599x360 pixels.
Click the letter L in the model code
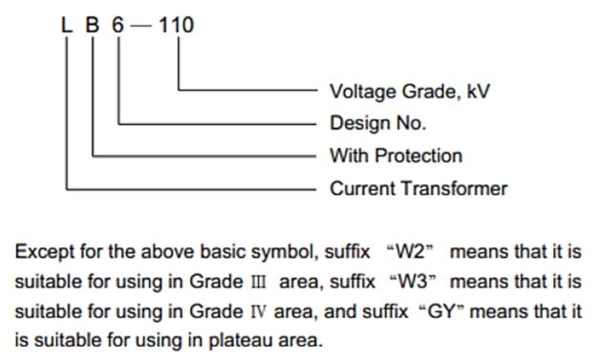(x=67, y=25)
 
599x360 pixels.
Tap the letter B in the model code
(x=92, y=25)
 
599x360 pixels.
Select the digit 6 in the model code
(x=118, y=25)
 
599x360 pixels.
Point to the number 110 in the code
(x=177, y=25)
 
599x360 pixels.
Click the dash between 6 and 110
(x=141, y=26)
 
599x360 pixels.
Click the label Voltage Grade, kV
(x=410, y=92)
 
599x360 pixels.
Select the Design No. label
(x=377, y=123)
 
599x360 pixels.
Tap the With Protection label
(x=396, y=156)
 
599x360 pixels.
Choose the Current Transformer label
(x=418, y=188)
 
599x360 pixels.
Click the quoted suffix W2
(x=411, y=252)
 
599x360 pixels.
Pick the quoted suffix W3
(x=413, y=282)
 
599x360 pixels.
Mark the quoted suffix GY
(x=441, y=311)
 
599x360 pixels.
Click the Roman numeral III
(x=258, y=282)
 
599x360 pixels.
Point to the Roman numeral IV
(x=258, y=311)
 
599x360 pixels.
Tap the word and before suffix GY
(x=340, y=311)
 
